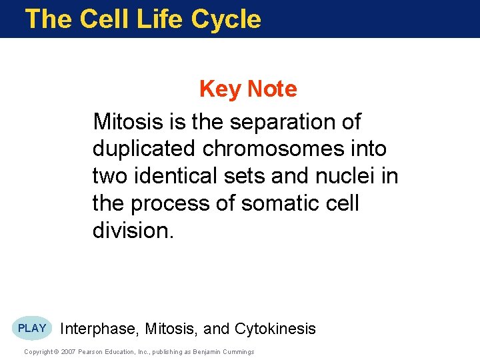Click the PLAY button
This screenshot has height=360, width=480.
tap(32, 328)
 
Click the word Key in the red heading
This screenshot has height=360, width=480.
tap(221, 89)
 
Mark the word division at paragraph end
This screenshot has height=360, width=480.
tap(132, 231)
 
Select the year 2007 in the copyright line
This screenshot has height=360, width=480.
tap(69, 352)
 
